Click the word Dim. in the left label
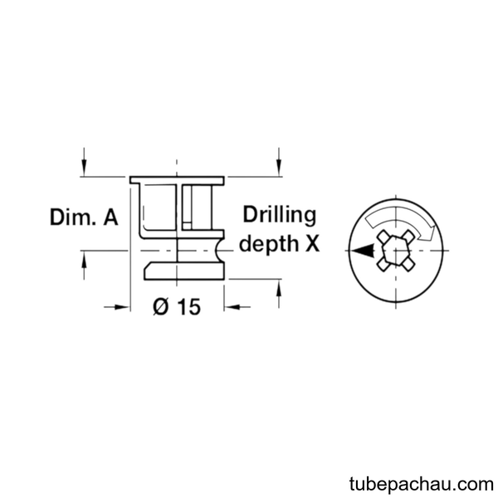point(73,217)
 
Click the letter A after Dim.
point(110,217)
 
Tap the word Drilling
point(280,216)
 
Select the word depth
point(269,245)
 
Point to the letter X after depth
point(313,244)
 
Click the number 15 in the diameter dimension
point(189,307)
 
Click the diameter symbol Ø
point(161,307)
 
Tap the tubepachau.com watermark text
point(422,484)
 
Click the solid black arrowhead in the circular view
point(363,251)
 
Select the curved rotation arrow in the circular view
point(401,221)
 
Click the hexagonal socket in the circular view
point(395,251)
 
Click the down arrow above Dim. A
point(84,162)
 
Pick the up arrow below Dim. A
point(84,266)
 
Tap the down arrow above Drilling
point(279,162)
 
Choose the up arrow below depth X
point(279,294)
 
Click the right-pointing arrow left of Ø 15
point(116,307)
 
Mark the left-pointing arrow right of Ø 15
point(237,307)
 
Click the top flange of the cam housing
point(177,181)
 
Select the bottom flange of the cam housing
point(184,271)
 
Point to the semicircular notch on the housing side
point(219,251)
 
